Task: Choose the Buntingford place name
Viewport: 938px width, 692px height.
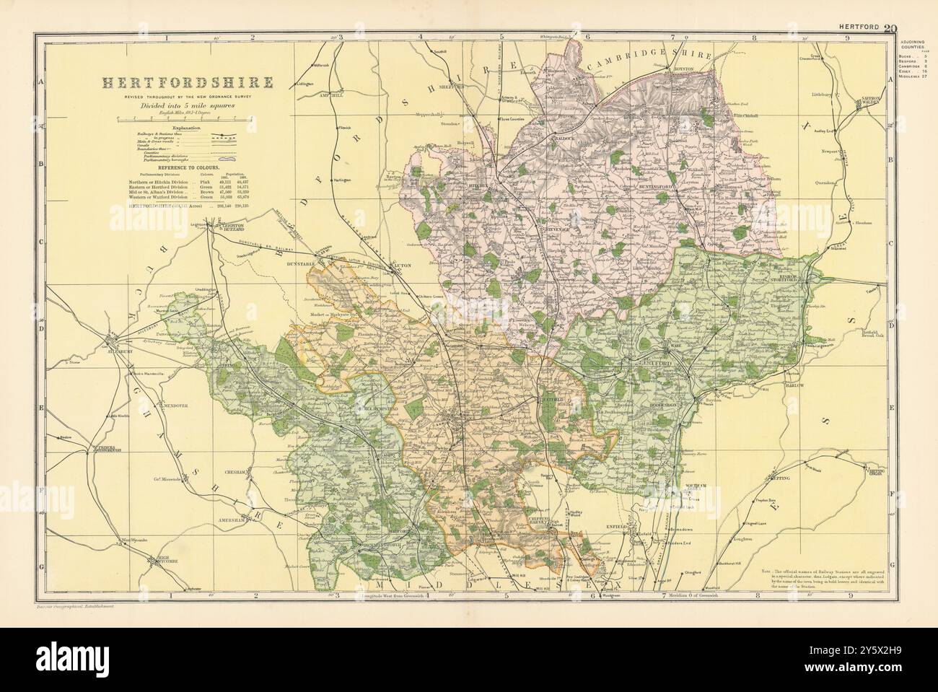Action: tap(657, 186)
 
